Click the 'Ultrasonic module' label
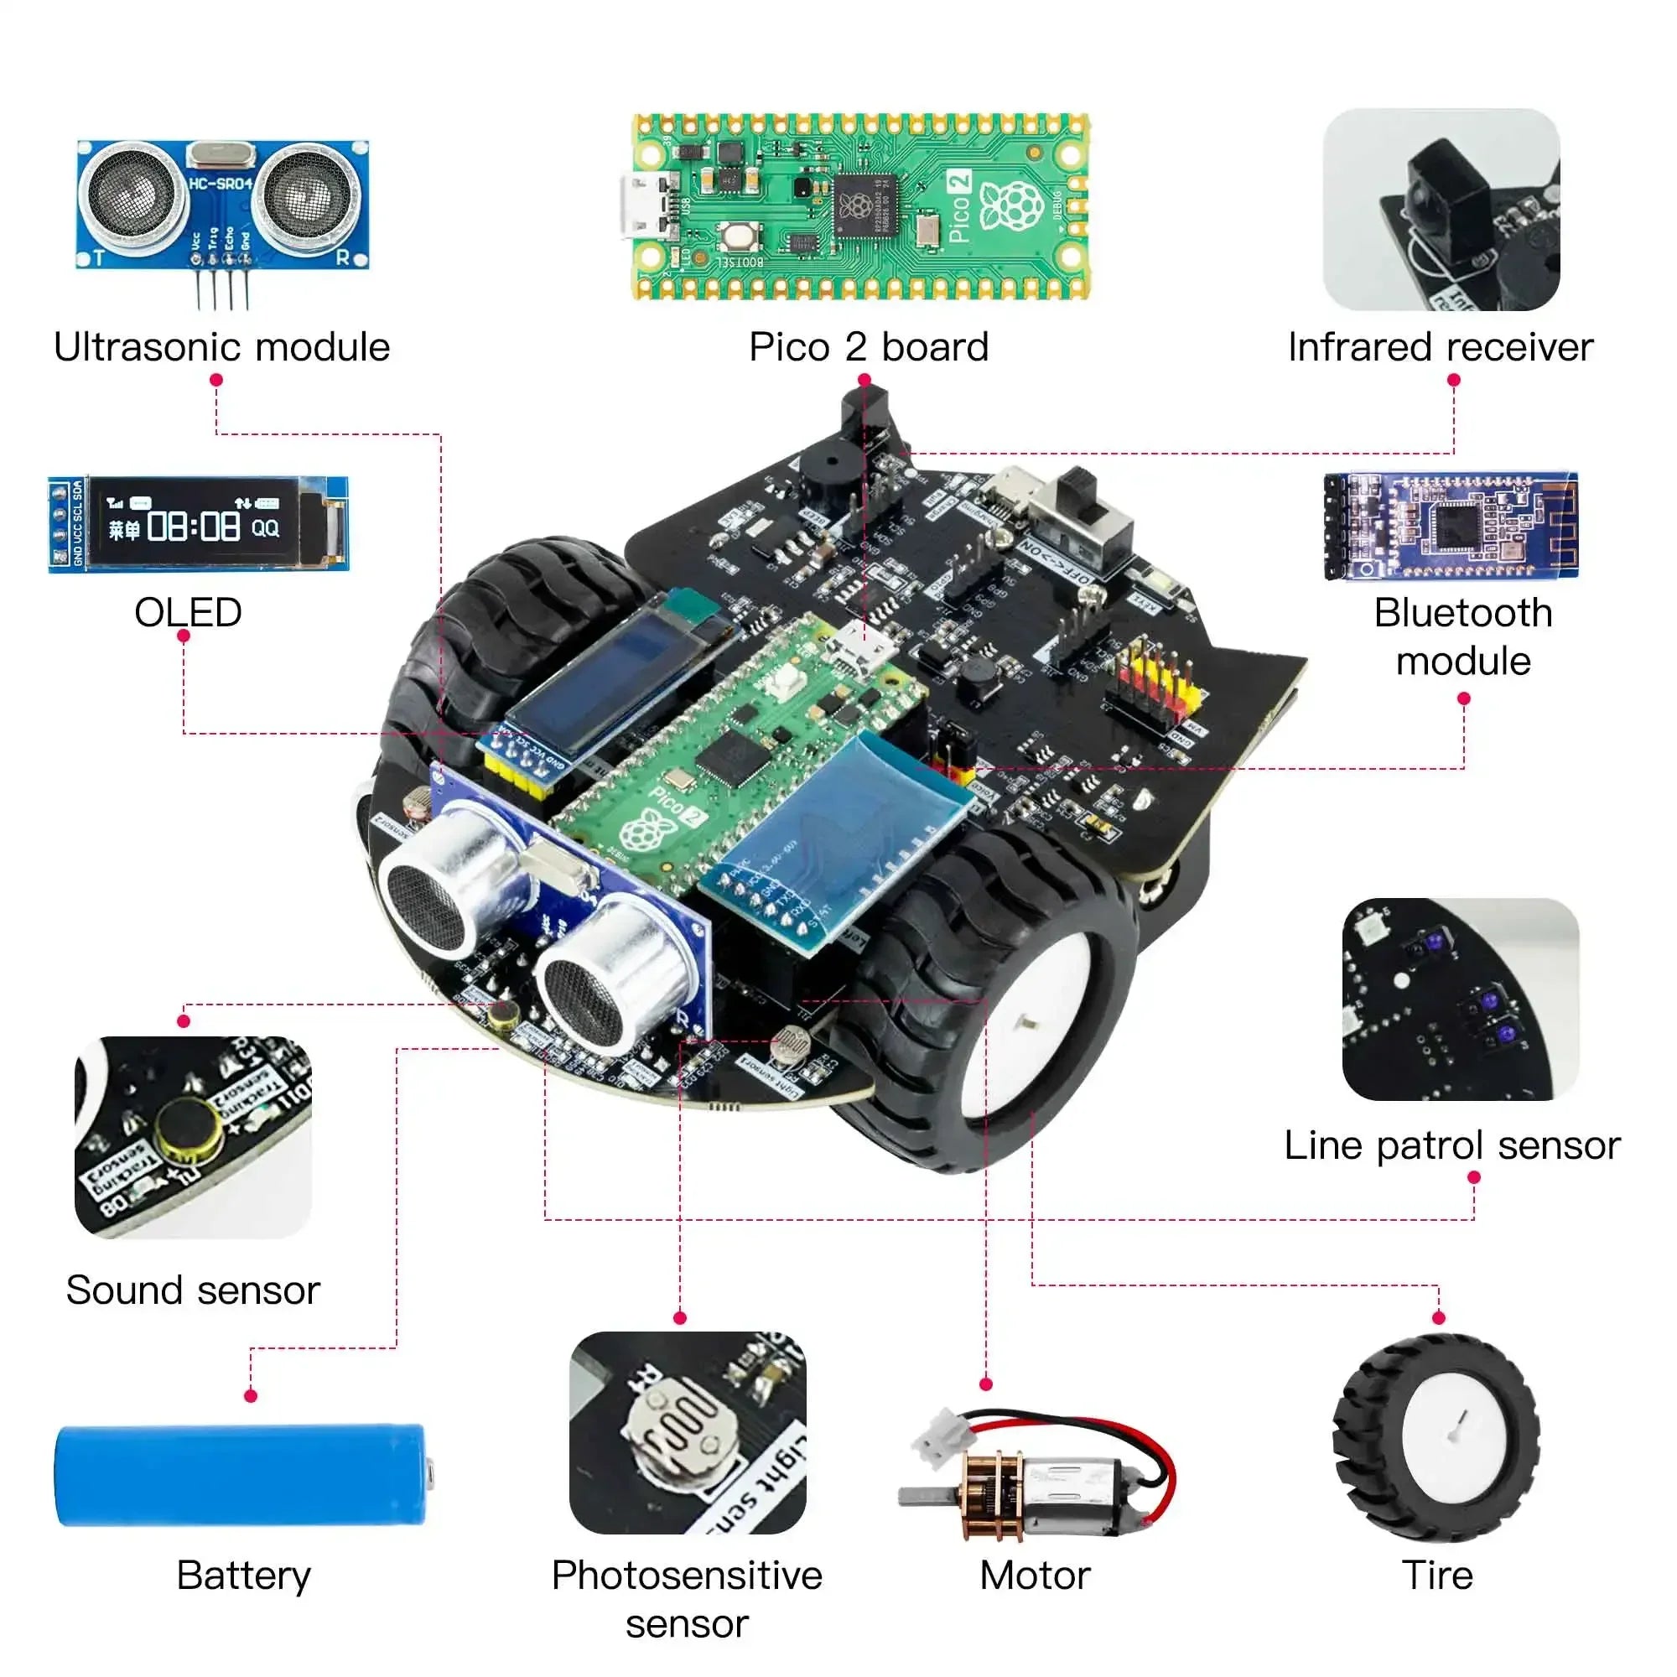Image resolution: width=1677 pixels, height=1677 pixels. tap(221, 347)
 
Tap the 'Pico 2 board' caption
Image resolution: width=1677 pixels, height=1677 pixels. tap(868, 347)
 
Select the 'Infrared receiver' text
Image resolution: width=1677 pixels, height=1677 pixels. tap(1440, 347)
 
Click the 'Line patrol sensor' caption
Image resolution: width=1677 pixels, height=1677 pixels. tap(1451, 1145)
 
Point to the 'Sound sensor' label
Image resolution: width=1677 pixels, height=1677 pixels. tap(193, 1290)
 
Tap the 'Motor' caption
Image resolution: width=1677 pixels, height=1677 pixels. tap(1035, 1576)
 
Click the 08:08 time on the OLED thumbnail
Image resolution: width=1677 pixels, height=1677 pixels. tap(193, 526)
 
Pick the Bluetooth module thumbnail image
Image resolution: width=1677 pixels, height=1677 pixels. tap(1451, 526)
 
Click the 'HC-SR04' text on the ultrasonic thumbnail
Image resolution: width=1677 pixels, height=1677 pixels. tap(221, 183)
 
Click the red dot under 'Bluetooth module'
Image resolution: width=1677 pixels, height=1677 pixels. tap(1463, 698)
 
